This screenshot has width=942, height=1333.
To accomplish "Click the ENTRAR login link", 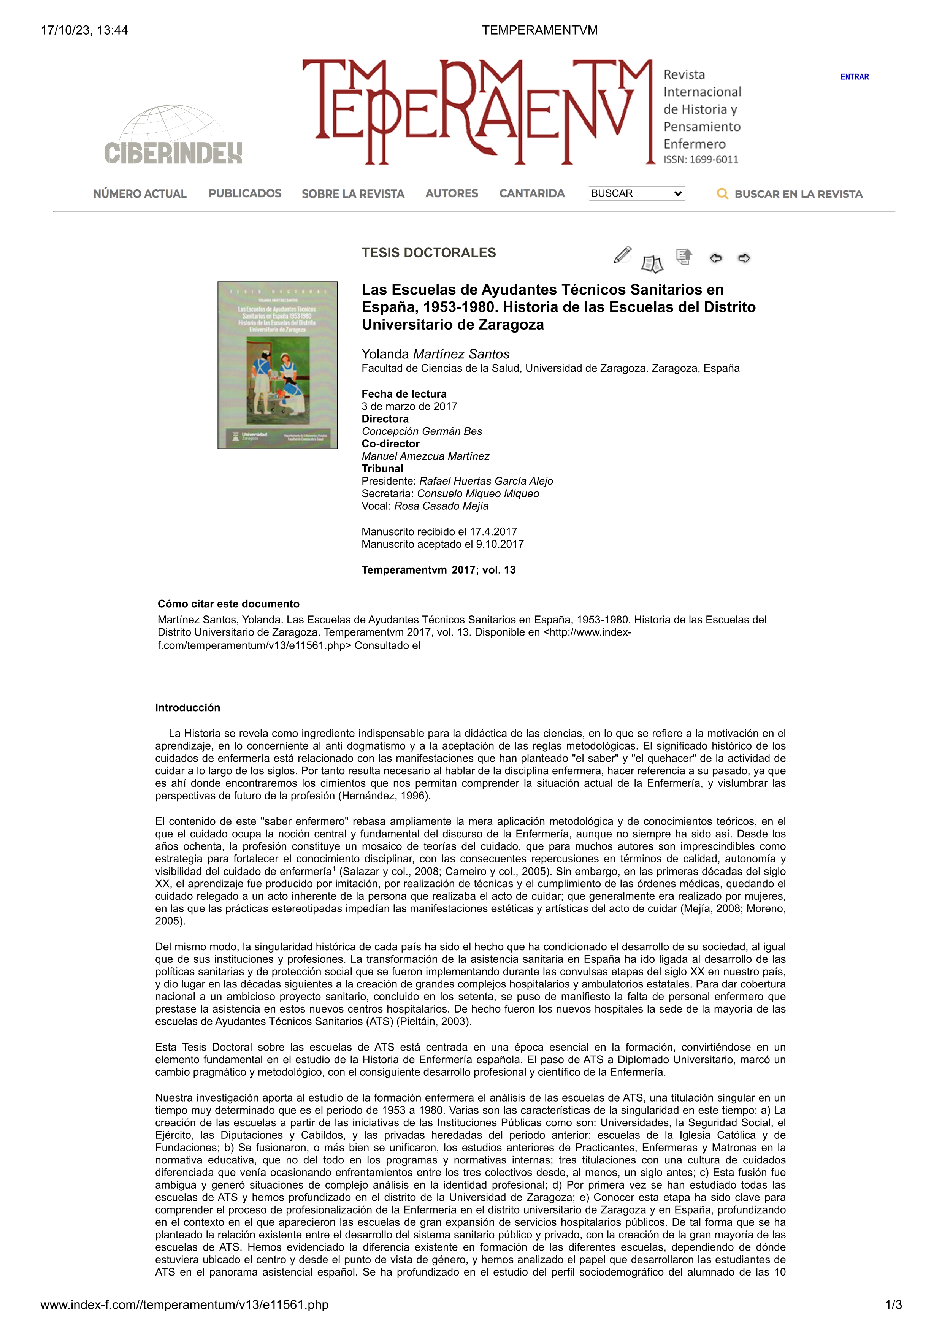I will tap(854, 77).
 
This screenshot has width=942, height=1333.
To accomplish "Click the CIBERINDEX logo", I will tap(173, 136).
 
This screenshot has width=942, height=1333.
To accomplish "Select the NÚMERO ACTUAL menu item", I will tap(140, 194).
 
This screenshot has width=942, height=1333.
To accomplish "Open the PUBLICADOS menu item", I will tap(245, 193).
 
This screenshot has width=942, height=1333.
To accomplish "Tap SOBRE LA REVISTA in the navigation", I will tap(353, 194).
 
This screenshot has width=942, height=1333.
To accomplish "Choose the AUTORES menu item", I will tap(452, 193).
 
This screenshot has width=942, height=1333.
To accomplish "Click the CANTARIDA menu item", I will tap(532, 193).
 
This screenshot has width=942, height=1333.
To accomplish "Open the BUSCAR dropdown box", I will tap(636, 193).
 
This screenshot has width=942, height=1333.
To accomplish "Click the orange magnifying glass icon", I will tap(723, 194).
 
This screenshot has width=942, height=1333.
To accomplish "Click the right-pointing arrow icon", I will tap(744, 258).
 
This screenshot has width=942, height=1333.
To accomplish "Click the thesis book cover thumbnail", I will tap(278, 365).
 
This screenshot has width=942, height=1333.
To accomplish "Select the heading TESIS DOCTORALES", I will tap(428, 252).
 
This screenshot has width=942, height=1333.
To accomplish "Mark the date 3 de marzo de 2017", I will tap(409, 406).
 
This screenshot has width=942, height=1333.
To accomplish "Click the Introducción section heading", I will tap(187, 708).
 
